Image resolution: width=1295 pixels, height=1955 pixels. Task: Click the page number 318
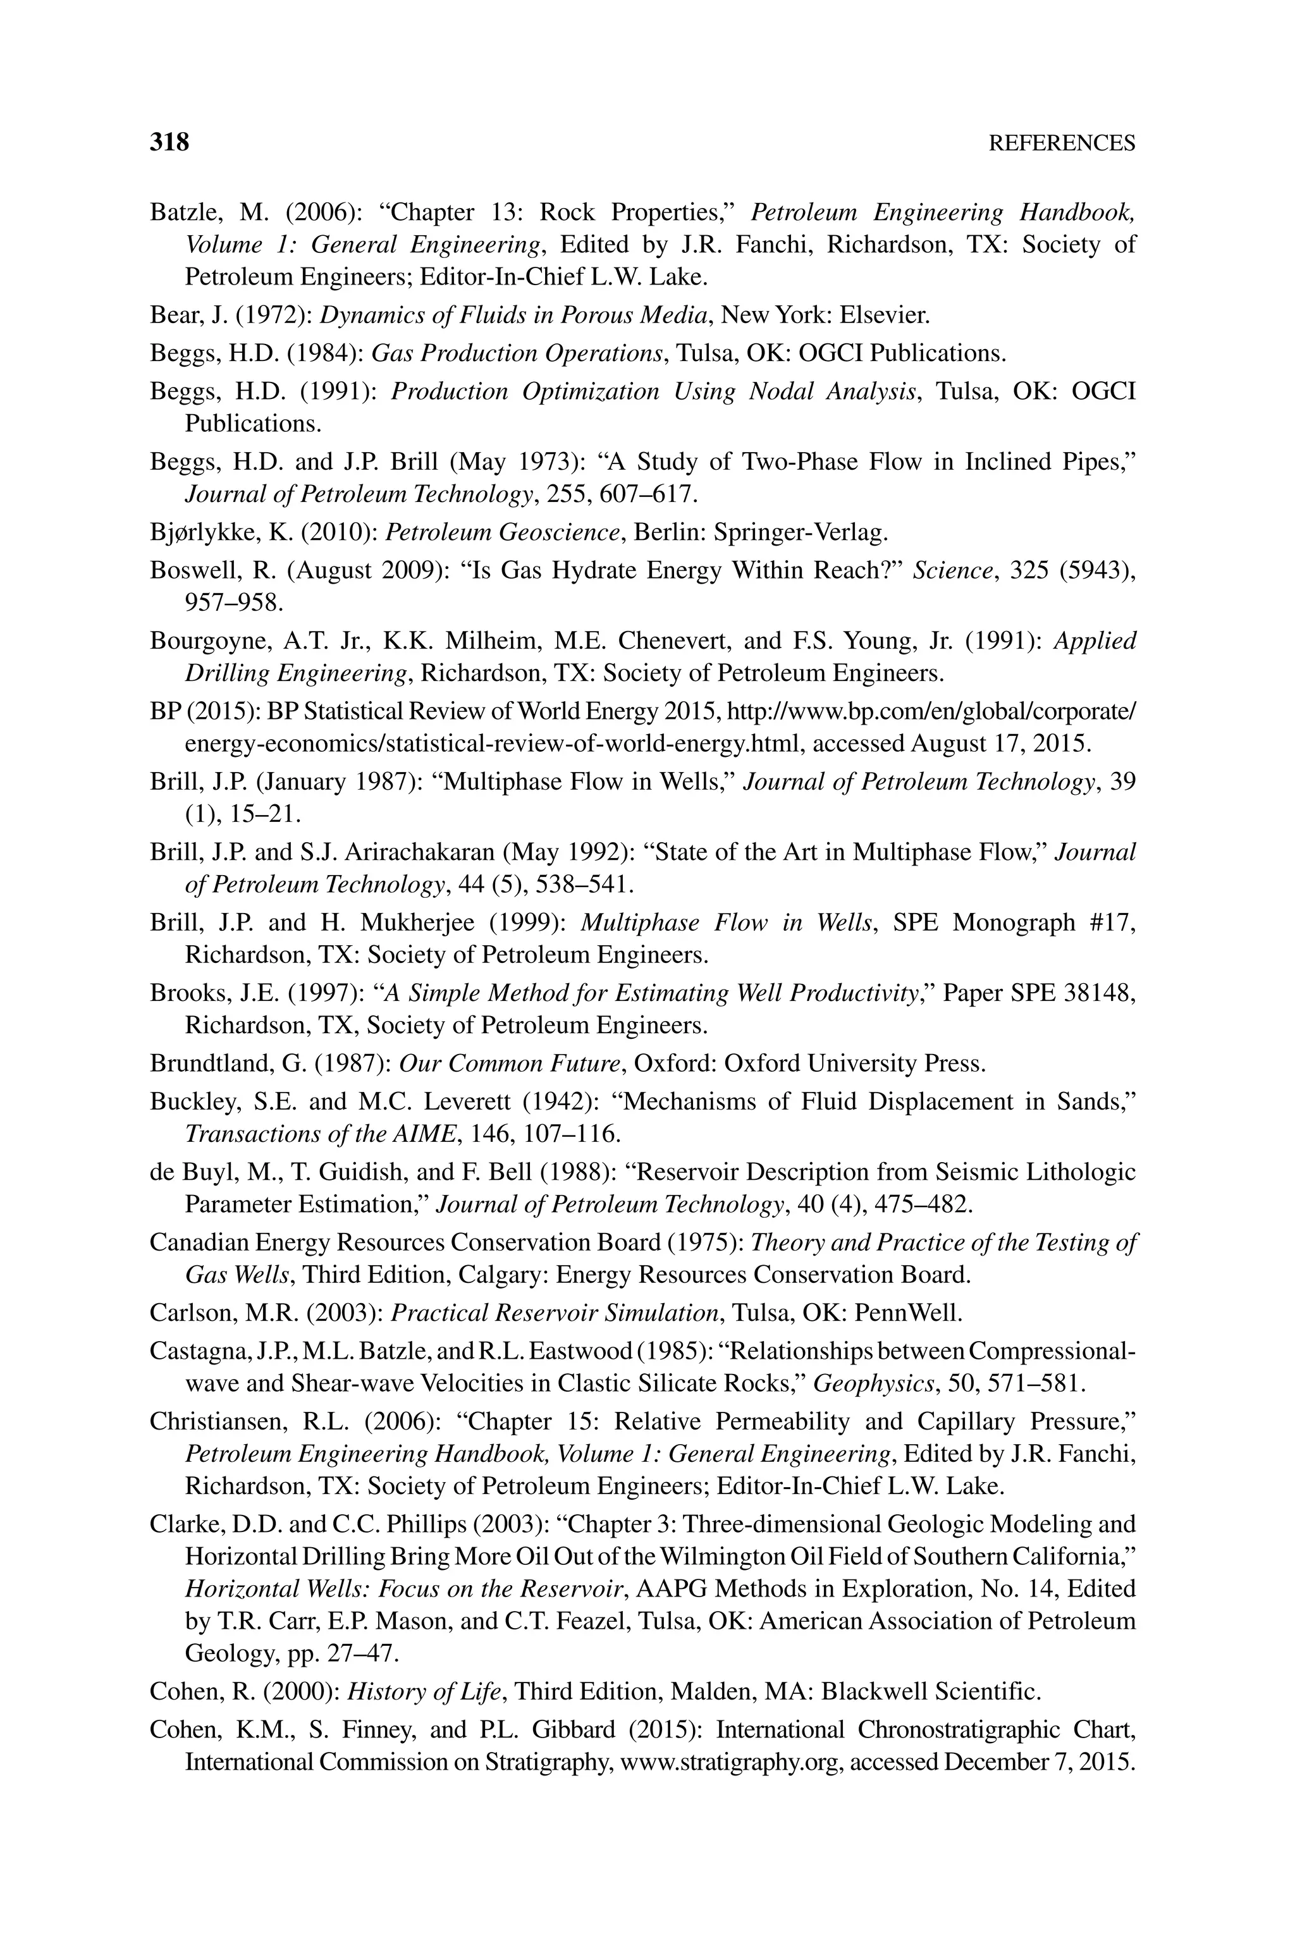[x=169, y=143]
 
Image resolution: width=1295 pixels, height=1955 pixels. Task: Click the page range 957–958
[x=234, y=603]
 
